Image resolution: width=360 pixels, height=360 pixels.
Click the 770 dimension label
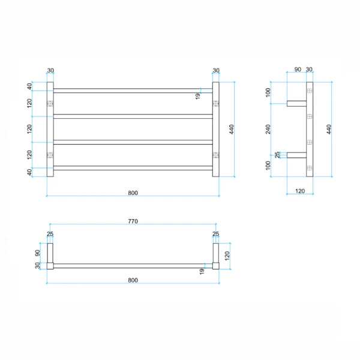(133, 221)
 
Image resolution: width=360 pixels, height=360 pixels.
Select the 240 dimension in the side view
(268, 129)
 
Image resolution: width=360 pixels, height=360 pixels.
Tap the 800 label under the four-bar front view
(133, 193)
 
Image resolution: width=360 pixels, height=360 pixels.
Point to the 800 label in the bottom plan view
(133, 280)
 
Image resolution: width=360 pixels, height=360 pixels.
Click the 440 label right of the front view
(232, 129)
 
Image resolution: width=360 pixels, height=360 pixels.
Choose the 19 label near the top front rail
(197, 96)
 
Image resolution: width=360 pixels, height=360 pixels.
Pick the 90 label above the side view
(298, 70)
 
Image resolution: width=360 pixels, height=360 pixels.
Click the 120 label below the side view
(300, 191)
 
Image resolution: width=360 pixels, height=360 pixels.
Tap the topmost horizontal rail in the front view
(133, 91)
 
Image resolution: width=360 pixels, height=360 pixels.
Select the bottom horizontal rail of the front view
(133, 168)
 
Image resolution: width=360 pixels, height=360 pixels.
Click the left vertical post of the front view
(50, 129)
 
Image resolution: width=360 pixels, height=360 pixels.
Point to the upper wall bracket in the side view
(296, 104)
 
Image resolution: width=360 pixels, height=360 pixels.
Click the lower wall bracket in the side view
(296, 155)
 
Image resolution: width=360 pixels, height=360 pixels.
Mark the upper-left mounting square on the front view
(50, 104)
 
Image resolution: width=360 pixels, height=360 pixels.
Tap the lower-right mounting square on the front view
(215, 155)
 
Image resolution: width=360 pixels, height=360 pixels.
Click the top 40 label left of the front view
(29, 86)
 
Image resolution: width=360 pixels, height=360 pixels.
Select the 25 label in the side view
(277, 155)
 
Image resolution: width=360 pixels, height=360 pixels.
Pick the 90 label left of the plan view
(37, 253)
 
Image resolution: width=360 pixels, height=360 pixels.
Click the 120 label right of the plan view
(227, 256)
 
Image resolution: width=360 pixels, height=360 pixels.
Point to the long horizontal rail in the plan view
(133, 266)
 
